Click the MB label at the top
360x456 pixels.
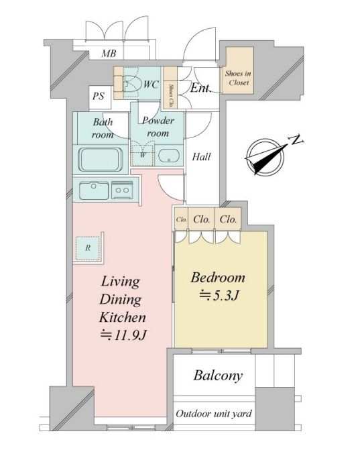click(109, 54)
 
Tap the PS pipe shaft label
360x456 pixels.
click(99, 96)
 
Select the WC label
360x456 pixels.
click(152, 84)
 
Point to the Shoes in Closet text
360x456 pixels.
click(238, 78)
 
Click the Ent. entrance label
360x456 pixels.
click(200, 88)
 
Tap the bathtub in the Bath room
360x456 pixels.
click(101, 160)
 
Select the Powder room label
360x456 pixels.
click(158, 127)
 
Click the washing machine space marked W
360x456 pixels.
click(142, 154)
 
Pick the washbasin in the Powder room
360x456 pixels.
click(169, 156)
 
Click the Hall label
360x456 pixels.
click(202, 157)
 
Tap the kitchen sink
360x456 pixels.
click(94, 190)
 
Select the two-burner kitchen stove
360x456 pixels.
click(123, 190)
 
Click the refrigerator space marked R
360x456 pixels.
click(88, 248)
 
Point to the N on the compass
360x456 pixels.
click(296, 141)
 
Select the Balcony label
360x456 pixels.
click(218, 376)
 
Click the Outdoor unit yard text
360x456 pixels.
click(214, 413)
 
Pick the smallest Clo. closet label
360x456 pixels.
click(181, 219)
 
